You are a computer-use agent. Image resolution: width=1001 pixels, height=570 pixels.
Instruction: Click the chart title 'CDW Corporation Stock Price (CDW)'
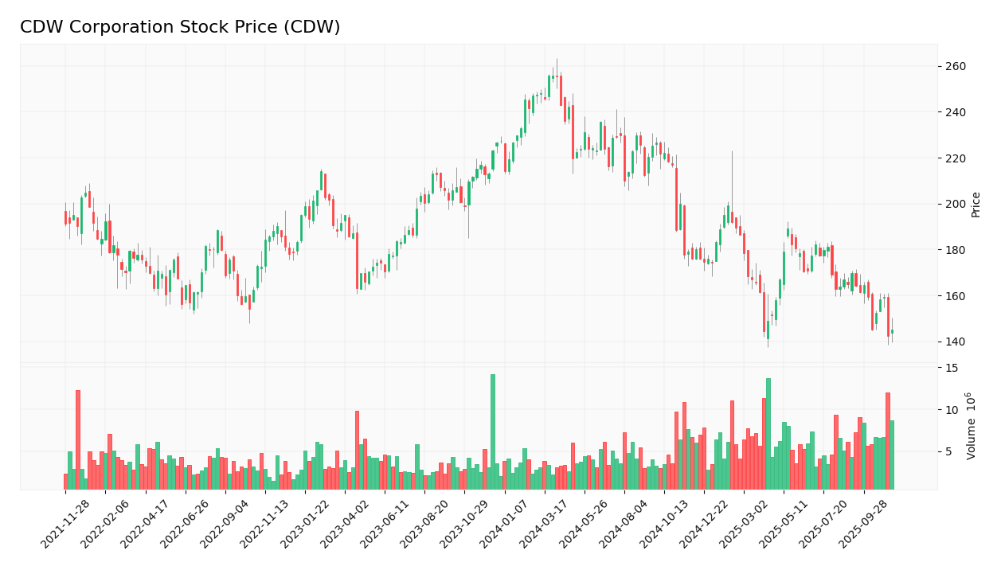pyautogui.click(x=180, y=28)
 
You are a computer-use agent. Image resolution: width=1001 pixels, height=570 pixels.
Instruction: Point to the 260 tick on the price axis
pyautogui.click(x=955, y=67)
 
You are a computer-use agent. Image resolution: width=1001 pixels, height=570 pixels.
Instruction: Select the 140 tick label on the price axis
pyautogui.click(x=955, y=342)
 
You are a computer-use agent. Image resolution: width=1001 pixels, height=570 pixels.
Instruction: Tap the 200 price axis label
pyautogui.click(x=955, y=205)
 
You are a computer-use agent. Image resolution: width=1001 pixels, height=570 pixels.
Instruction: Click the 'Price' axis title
pyautogui.click(x=976, y=205)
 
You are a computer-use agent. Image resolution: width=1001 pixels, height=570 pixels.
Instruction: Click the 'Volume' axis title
pyautogui.click(x=972, y=426)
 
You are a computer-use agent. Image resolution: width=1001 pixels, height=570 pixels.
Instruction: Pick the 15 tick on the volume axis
pyautogui.click(x=952, y=369)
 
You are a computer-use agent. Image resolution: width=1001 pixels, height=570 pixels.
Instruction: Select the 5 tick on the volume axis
pyautogui.click(x=948, y=452)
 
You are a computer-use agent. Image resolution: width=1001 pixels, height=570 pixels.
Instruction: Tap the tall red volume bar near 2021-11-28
pyautogui.click(x=78, y=439)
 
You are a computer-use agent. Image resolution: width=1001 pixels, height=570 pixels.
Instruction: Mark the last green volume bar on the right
pyautogui.click(x=892, y=455)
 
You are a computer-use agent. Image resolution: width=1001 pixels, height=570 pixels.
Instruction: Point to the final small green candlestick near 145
pyautogui.click(x=892, y=331)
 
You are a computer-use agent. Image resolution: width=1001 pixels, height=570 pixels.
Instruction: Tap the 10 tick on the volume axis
pyautogui.click(x=952, y=410)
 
